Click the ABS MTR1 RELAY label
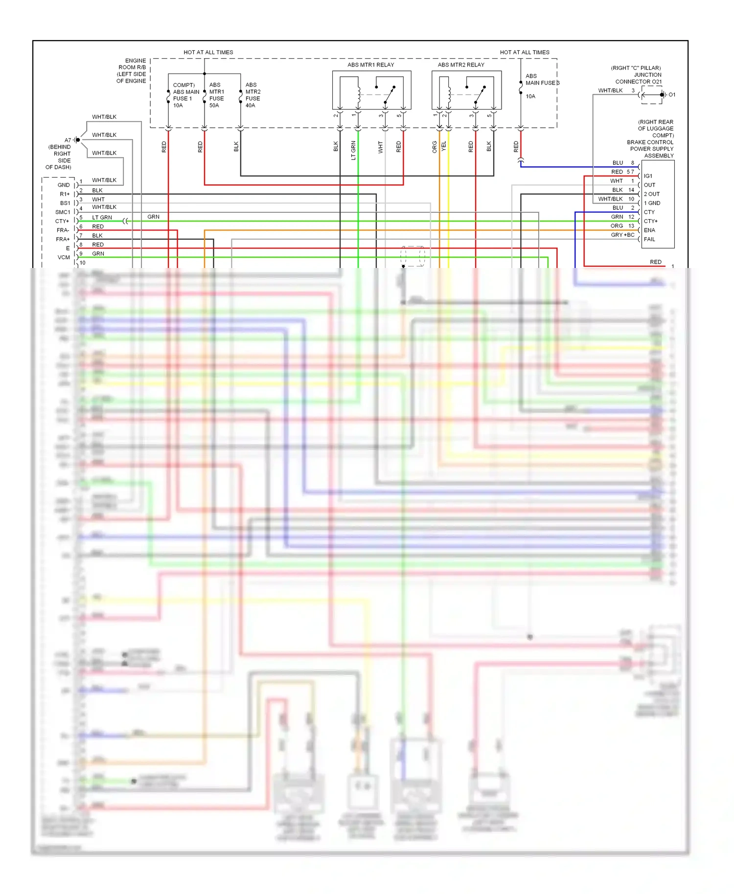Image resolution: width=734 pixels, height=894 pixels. click(370, 65)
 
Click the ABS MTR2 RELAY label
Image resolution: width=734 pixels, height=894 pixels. click(461, 65)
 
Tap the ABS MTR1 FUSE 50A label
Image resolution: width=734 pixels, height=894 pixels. click(216, 95)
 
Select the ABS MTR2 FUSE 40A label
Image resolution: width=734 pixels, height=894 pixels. click(252, 95)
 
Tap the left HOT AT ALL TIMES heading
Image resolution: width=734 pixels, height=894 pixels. click(208, 52)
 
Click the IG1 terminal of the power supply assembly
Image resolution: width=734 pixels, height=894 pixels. click(648, 176)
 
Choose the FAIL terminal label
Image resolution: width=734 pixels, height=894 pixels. click(649, 239)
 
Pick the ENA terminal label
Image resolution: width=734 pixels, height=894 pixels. click(649, 230)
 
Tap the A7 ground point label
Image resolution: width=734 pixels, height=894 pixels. click(68, 140)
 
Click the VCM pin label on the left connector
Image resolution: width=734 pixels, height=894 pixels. click(64, 257)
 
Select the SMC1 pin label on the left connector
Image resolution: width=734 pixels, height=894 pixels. click(63, 212)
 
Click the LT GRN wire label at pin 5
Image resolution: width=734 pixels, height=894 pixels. click(102, 218)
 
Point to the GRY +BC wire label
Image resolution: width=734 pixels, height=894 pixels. click(622, 235)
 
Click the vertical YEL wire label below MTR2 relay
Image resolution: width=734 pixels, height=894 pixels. click(444, 146)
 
